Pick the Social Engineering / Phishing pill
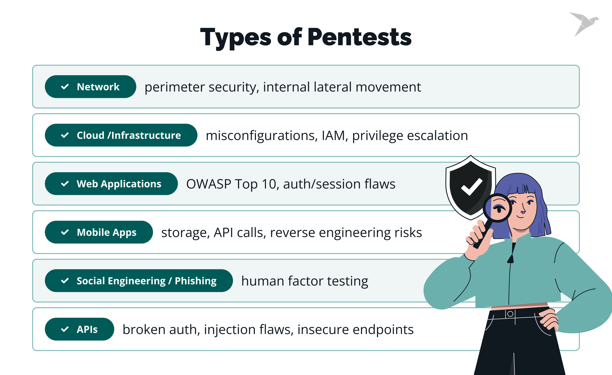(139, 281)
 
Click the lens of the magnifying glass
(497, 208)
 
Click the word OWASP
(209, 184)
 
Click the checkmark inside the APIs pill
(65, 329)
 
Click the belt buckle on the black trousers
(510, 314)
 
